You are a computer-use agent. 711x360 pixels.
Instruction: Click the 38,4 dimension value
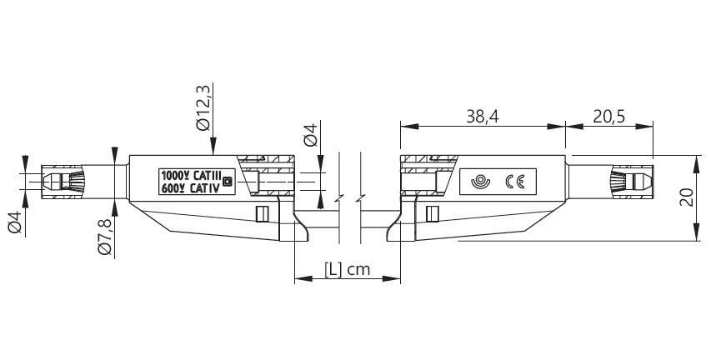[x=482, y=117]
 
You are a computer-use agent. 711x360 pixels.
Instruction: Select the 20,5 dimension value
[x=609, y=117]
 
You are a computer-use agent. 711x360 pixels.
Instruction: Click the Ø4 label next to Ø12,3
[x=309, y=134]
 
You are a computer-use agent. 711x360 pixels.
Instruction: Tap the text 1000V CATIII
[x=192, y=177]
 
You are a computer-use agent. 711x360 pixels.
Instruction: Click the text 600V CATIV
[x=190, y=188]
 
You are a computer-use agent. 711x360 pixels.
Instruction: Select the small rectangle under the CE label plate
[x=431, y=214]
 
